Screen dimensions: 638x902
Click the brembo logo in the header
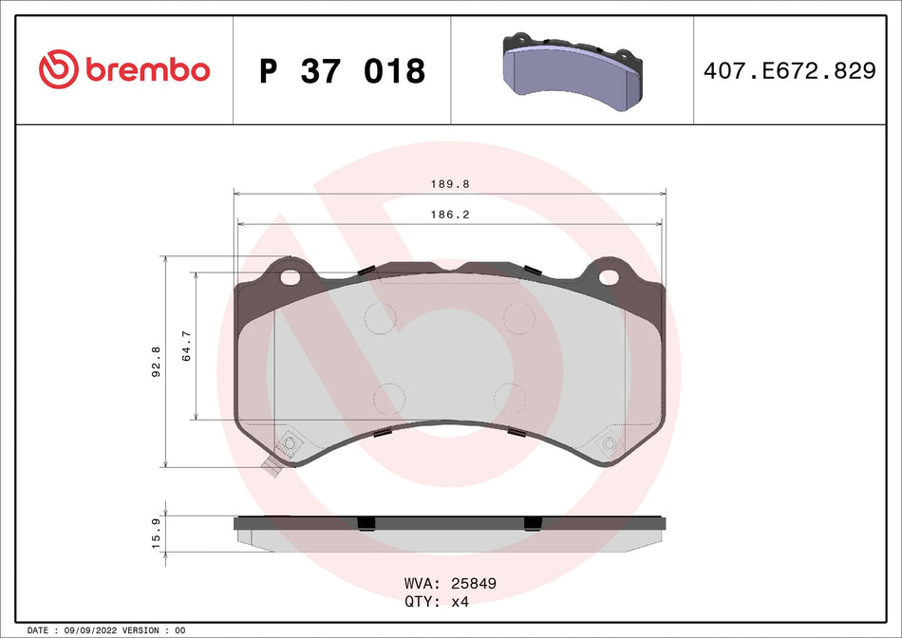click(x=124, y=69)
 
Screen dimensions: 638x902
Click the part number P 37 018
click(x=342, y=71)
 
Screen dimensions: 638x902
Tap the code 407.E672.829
click(x=789, y=70)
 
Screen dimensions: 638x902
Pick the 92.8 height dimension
click(x=156, y=362)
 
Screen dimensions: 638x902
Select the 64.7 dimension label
click(x=186, y=347)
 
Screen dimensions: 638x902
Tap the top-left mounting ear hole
click(x=290, y=278)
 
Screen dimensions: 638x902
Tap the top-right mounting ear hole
click(x=609, y=278)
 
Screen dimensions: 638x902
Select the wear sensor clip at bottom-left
click(x=272, y=465)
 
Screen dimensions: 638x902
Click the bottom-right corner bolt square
click(x=610, y=443)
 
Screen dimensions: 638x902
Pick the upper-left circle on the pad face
click(x=381, y=317)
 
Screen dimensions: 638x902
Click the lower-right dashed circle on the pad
click(x=510, y=398)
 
